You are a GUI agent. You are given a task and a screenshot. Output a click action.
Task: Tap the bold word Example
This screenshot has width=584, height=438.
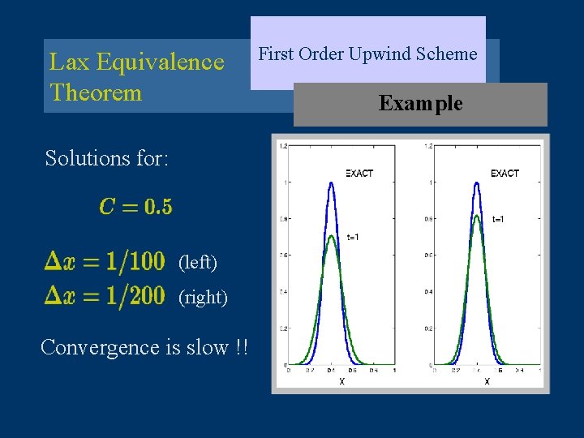[x=420, y=104]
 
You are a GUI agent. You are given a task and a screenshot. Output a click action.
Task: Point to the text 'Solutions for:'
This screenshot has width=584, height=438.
[x=107, y=157]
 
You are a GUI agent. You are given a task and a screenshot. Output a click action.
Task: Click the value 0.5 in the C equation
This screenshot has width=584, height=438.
[x=159, y=207]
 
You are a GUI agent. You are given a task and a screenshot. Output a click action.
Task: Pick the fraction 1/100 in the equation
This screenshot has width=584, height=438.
[x=133, y=262]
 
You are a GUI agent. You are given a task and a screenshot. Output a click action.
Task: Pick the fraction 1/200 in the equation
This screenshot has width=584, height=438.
[x=133, y=296]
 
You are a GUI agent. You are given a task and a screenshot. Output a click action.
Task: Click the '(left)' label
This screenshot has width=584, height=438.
[x=198, y=263]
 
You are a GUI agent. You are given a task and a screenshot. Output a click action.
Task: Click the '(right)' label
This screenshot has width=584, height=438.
[x=203, y=298]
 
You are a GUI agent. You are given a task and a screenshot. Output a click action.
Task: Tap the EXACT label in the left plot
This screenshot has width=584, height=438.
[x=359, y=174]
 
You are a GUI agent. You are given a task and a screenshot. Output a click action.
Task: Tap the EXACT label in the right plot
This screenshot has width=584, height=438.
[x=505, y=174]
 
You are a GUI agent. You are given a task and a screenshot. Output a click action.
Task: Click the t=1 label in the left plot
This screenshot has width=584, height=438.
[x=354, y=238]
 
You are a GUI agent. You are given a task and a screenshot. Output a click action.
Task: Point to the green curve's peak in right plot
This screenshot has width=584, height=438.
[x=478, y=215]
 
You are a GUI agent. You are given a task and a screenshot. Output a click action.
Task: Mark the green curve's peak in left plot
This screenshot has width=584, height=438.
[x=331, y=236]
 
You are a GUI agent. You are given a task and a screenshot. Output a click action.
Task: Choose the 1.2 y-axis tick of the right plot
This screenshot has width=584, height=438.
[x=427, y=146]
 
